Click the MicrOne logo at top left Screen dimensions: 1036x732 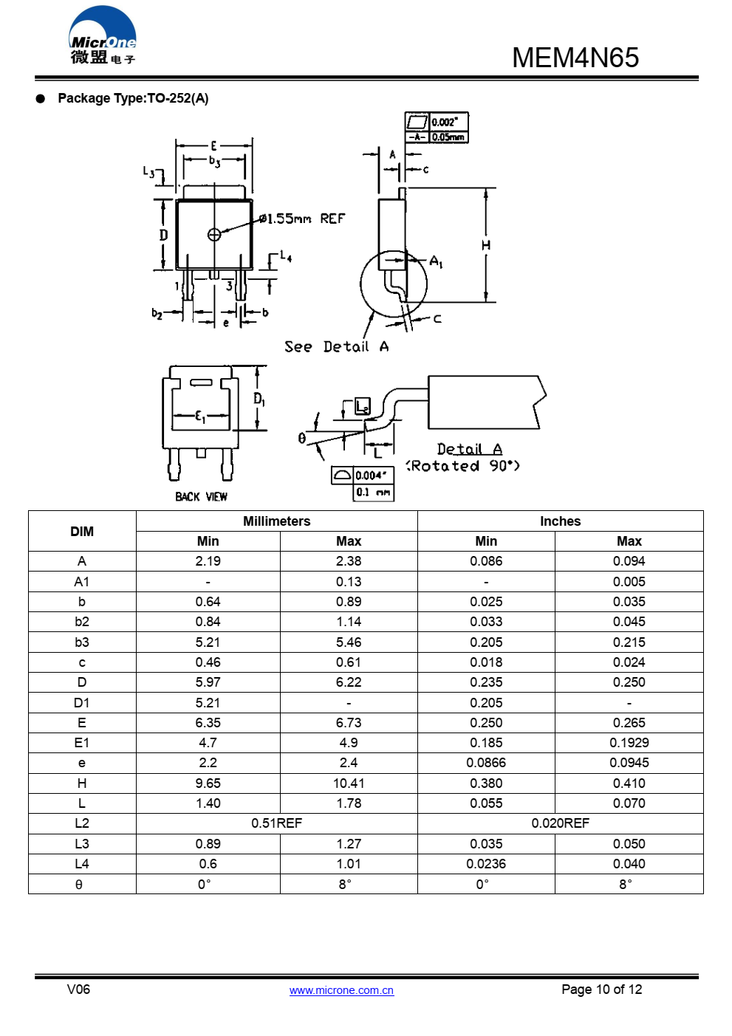[x=103, y=36]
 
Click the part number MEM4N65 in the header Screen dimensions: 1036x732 [x=575, y=58]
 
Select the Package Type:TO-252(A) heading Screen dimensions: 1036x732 [x=133, y=98]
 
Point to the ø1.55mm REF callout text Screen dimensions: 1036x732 [x=302, y=219]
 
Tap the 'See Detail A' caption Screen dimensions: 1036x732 [x=336, y=346]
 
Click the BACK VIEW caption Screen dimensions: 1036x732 [x=201, y=497]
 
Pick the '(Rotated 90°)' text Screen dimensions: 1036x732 [x=463, y=466]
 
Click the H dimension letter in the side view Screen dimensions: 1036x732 [x=485, y=245]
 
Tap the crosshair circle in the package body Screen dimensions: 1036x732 [x=214, y=235]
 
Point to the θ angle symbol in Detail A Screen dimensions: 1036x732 [x=301, y=439]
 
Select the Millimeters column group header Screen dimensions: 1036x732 [x=276, y=521]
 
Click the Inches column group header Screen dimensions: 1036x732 [x=560, y=521]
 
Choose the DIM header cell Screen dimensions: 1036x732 [x=82, y=532]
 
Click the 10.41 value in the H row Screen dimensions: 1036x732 [x=348, y=783]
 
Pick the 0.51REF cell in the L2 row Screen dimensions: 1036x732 [x=276, y=823]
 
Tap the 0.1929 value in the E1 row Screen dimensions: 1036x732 [x=629, y=743]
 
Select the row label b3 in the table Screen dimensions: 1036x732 [x=82, y=642]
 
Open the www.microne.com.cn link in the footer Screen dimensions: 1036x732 [x=341, y=990]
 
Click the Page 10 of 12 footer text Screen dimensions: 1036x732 [x=601, y=989]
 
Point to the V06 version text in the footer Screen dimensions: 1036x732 [x=78, y=989]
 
